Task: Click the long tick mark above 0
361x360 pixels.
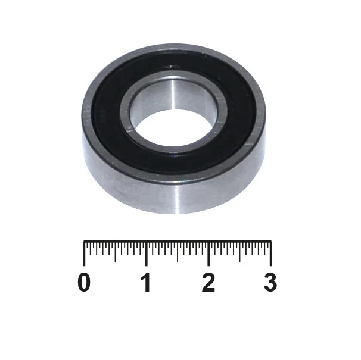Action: coord(84,253)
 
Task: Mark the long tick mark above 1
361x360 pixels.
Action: coord(147,253)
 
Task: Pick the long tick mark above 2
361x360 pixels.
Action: coord(208,253)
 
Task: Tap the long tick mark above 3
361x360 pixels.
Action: coord(271,253)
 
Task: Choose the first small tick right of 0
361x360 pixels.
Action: coord(91,247)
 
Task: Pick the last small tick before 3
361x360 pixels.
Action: coord(264,247)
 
